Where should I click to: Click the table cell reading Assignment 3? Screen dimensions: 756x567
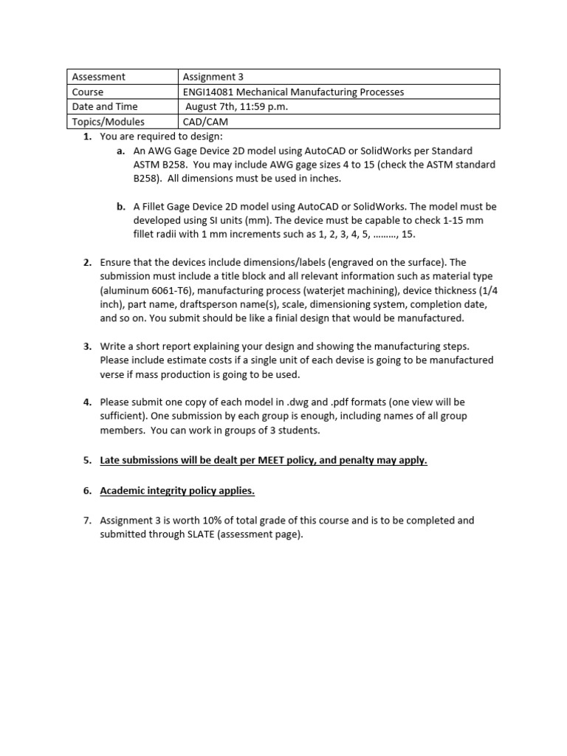click(x=213, y=77)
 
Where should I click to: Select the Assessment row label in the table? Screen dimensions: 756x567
click(x=98, y=77)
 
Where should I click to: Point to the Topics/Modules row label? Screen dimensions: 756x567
click(x=108, y=122)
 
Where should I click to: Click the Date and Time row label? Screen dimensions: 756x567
click(x=105, y=107)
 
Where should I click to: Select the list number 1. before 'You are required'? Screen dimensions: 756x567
click(x=87, y=137)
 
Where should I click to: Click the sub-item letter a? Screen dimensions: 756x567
click(x=120, y=151)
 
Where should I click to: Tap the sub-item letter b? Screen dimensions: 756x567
click(x=120, y=207)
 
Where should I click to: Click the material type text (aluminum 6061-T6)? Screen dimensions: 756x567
click(x=148, y=291)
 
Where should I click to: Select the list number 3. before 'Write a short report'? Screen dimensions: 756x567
click(x=87, y=346)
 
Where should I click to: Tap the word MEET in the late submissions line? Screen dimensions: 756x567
click(x=272, y=460)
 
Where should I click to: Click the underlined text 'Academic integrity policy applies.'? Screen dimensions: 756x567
click(x=178, y=490)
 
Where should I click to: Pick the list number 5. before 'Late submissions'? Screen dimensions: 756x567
click(x=87, y=460)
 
